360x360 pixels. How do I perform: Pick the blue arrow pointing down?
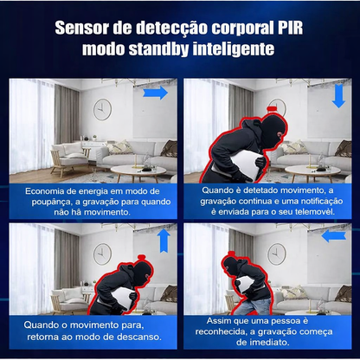[337, 96]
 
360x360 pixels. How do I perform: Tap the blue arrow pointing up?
[162, 239]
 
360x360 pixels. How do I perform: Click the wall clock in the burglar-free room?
[103, 107]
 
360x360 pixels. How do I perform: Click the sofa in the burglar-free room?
[61, 156]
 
